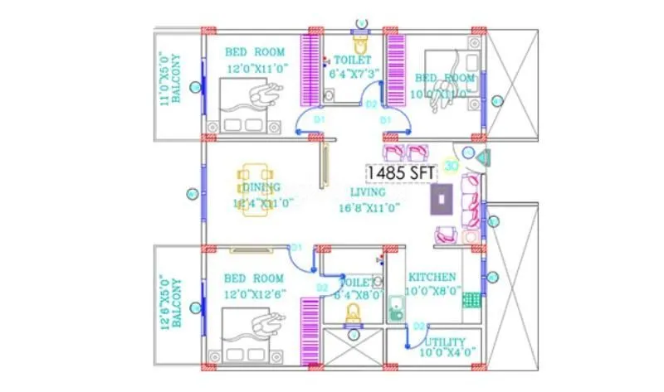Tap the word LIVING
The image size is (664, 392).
click(x=369, y=192)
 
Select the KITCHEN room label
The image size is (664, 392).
click(x=431, y=277)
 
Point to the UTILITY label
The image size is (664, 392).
click(x=445, y=341)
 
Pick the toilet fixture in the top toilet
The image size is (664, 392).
click(x=360, y=41)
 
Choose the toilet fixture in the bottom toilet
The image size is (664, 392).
click(x=353, y=313)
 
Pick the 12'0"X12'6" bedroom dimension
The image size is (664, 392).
click(x=256, y=293)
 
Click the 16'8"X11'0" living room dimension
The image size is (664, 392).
click(x=369, y=208)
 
